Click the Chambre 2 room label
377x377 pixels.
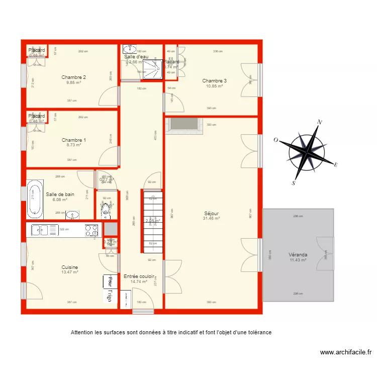(x=73, y=77)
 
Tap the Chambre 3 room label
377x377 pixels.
(x=214, y=80)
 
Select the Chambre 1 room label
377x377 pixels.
(x=73, y=140)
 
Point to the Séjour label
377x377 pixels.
(x=211, y=213)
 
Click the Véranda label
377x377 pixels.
(x=298, y=254)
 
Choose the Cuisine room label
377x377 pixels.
(x=69, y=267)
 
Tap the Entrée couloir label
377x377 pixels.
(x=139, y=276)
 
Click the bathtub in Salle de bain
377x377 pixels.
(x=35, y=198)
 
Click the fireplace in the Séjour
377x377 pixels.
(x=185, y=126)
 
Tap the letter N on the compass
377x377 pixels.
(x=319, y=122)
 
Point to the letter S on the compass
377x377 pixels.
(x=293, y=184)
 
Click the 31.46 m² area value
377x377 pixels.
(x=211, y=218)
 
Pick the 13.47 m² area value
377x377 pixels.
(x=69, y=272)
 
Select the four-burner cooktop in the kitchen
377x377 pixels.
(x=91, y=230)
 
